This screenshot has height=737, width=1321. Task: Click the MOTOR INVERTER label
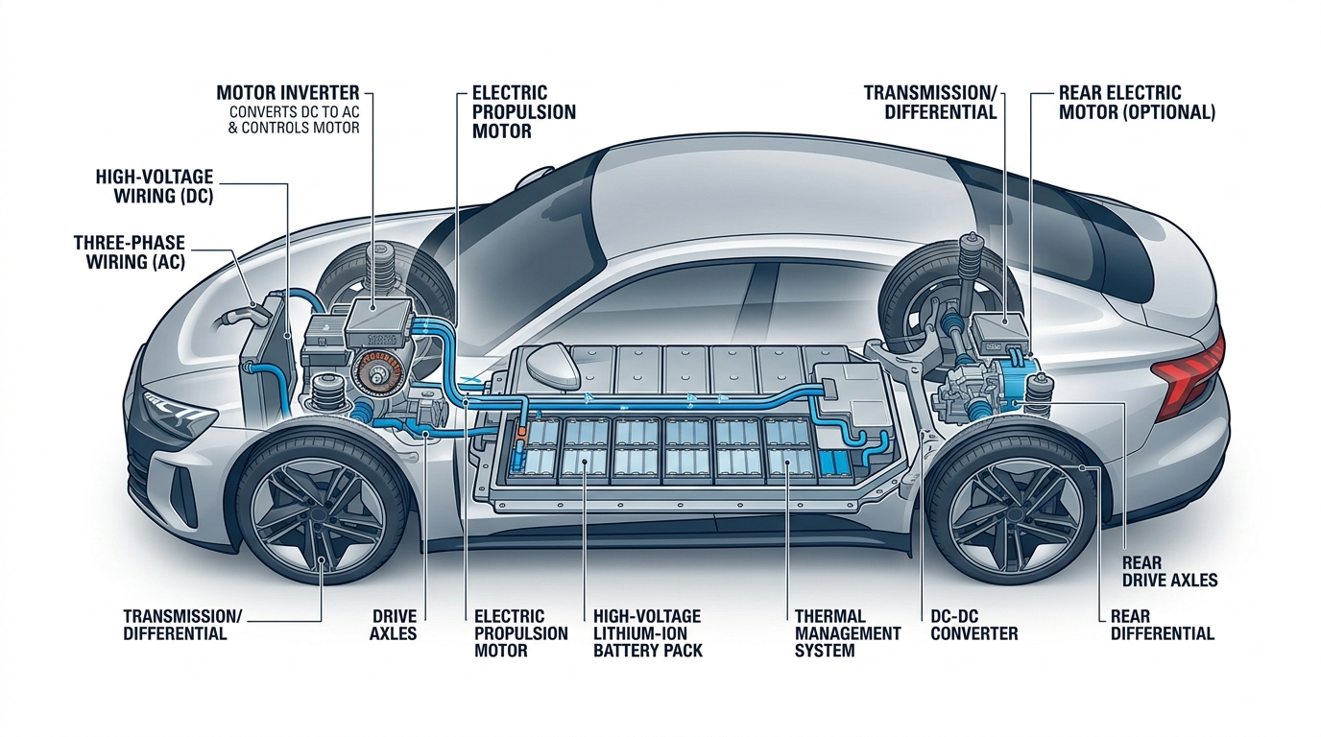click(288, 93)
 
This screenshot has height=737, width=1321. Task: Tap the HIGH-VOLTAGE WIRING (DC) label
click(155, 186)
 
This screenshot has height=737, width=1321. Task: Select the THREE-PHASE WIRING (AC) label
click(130, 252)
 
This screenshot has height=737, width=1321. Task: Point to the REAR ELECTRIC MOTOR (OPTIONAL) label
click(1137, 103)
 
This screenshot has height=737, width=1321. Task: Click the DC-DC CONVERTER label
click(974, 626)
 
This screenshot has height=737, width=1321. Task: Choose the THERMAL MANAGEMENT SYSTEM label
click(848, 633)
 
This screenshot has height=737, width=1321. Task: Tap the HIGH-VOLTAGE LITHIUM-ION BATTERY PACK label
click(647, 633)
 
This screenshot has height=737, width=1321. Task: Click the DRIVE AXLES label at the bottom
click(394, 626)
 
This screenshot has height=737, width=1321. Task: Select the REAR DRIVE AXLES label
click(1169, 572)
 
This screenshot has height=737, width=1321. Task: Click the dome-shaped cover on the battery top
click(553, 363)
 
